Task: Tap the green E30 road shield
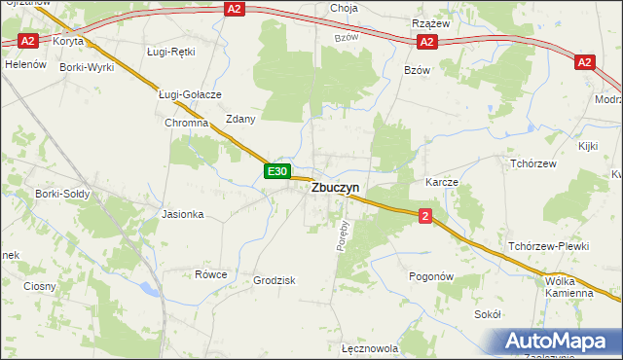tap(277, 171)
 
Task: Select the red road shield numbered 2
tap(425, 216)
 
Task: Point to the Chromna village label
tap(187, 124)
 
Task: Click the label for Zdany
tap(240, 119)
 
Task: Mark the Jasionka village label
tap(183, 214)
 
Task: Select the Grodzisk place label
tap(275, 279)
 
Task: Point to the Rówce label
tap(210, 274)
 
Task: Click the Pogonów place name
tap(432, 276)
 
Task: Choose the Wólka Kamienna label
tap(569, 286)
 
